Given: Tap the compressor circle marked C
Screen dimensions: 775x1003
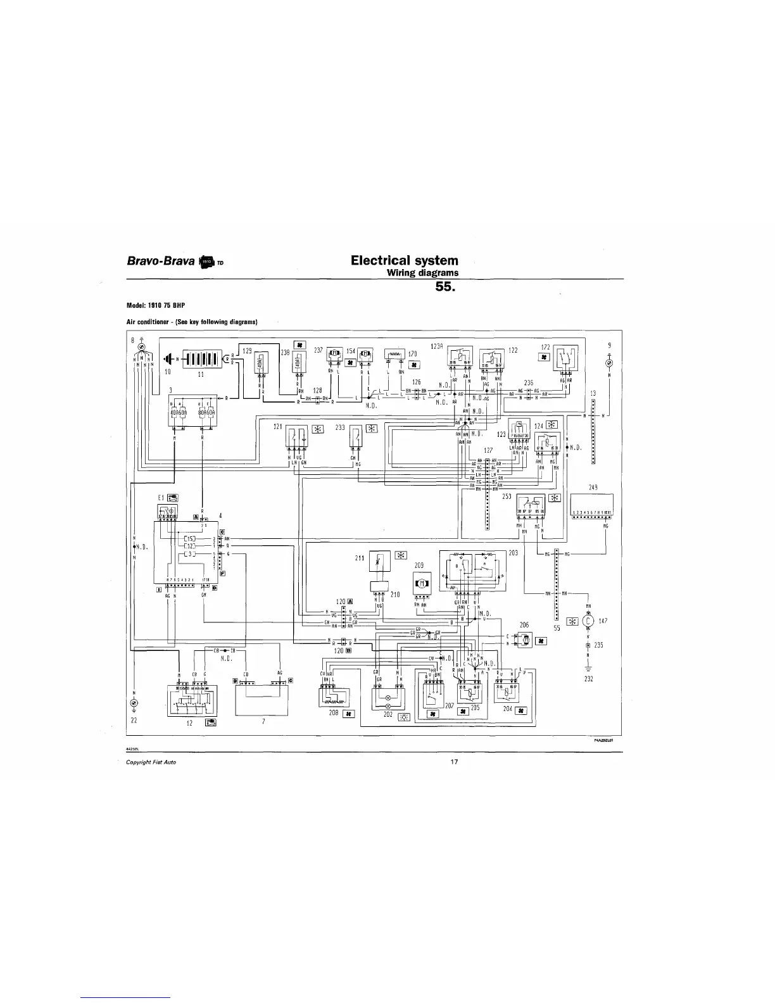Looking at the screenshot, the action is [588, 621].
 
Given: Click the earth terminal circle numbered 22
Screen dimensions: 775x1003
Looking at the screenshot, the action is [134, 704].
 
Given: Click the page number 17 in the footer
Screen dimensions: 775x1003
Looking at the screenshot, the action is [454, 762].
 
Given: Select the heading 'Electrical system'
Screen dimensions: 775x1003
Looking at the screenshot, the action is [405, 260].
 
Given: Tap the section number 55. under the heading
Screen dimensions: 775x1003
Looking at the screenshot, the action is [446, 287].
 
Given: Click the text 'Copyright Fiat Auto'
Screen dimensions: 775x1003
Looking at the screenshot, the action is [151, 762].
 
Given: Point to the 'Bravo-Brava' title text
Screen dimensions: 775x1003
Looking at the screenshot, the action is [162, 261].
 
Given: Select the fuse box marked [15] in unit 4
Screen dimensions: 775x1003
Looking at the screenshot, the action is [191, 539].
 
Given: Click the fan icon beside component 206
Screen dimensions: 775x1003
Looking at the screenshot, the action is [541, 641].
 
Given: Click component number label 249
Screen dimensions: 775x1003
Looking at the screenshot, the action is [593, 488].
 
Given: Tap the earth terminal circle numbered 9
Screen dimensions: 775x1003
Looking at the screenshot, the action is [609, 364].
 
